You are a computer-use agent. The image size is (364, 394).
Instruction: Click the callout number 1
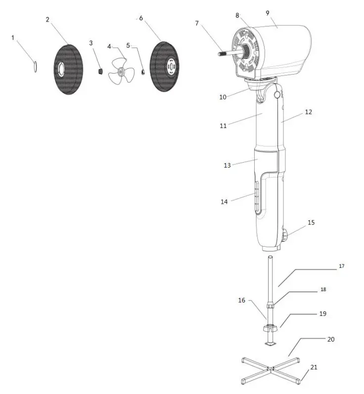tap(12, 38)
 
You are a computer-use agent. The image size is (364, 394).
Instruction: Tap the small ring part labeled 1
tap(35, 66)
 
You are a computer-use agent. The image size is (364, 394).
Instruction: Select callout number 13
tap(227, 165)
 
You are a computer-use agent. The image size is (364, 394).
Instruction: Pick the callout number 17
tap(342, 266)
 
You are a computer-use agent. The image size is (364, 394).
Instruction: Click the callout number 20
tap(330, 339)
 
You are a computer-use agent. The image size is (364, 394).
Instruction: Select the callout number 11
tap(223, 126)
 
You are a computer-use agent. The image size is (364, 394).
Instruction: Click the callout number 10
tap(223, 97)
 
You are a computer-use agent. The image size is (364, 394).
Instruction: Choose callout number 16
tap(241, 300)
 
